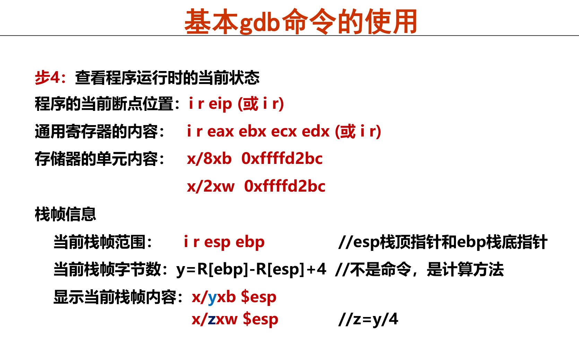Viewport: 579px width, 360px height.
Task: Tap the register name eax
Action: coord(221,131)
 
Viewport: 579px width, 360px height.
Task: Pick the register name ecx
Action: coord(284,131)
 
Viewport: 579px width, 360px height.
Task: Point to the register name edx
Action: coord(316,131)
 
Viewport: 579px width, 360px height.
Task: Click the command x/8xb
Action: coord(209,159)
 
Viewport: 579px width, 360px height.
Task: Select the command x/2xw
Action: coord(210,186)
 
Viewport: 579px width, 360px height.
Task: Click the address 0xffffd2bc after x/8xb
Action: coord(282,159)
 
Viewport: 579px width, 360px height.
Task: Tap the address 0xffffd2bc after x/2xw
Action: coord(285,186)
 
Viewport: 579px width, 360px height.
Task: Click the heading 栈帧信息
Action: coord(65,214)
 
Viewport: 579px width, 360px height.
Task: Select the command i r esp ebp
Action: coord(224,242)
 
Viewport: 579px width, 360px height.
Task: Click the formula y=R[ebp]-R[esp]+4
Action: coord(251,269)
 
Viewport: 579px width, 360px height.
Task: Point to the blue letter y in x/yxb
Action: coord(212,297)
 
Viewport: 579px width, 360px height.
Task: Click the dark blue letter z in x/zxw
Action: coord(211,319)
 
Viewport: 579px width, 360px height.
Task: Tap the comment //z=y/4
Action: coord(368,319)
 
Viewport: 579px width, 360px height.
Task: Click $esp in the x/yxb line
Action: coord(259,297)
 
